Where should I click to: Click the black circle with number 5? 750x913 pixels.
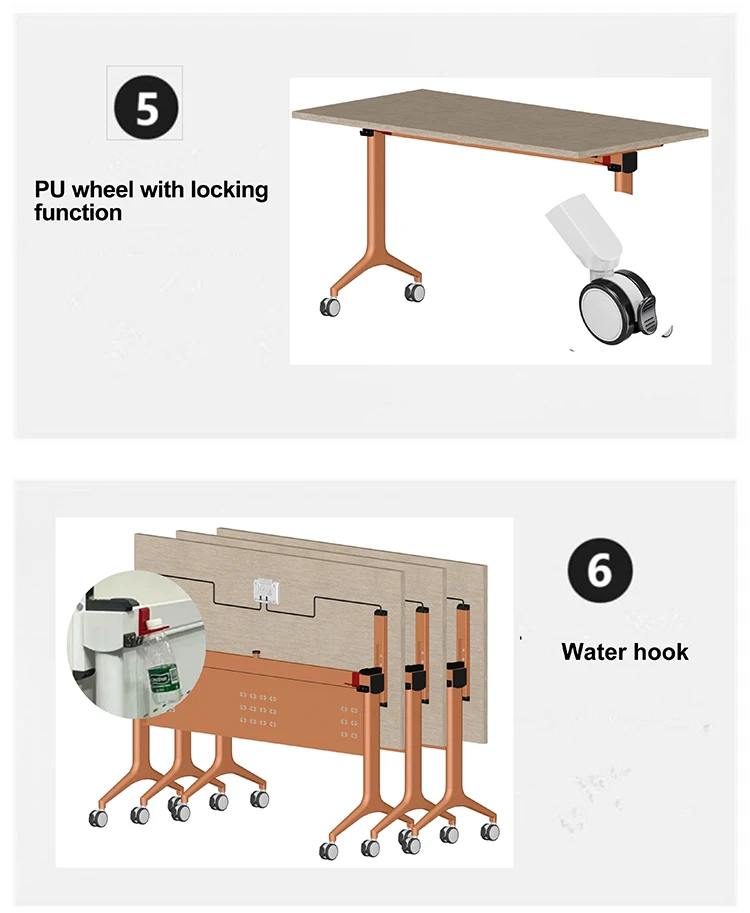(146, 108)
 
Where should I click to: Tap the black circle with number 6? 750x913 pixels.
(600, 569)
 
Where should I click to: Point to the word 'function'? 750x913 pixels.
(78, 213)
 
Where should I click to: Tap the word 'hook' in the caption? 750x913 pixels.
(662, 652)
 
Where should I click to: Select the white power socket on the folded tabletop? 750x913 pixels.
(265, 591)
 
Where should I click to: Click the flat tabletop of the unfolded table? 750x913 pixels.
(501, 121)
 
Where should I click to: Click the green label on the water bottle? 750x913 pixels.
(158, 681)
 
